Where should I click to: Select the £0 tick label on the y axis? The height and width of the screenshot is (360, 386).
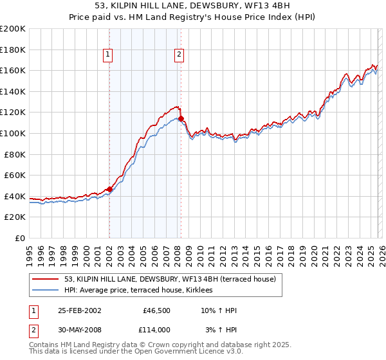click(x=19, y=238)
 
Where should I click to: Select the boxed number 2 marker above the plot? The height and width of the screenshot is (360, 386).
click(x=178, y=55)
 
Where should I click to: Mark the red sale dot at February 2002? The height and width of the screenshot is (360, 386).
click(x=109, y=189)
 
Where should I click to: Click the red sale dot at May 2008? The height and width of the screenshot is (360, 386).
click(x=181, y=118)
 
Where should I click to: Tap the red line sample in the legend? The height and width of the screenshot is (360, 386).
click(x=46, y=279)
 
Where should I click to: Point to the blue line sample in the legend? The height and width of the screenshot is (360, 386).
click(x=46, y=291)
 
